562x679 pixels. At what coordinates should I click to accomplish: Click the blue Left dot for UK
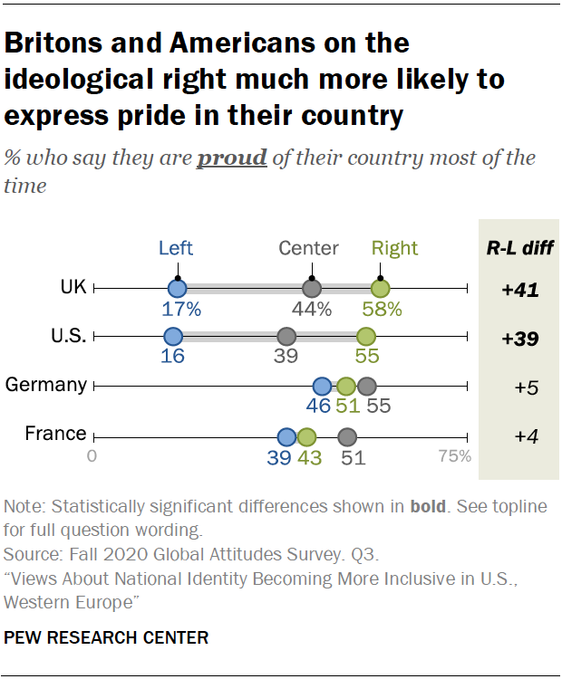(177, 289)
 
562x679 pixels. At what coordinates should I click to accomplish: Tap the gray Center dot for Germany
(366, 386)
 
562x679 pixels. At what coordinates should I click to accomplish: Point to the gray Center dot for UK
(311, 289)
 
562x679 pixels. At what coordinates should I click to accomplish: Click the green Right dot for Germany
(346, 386)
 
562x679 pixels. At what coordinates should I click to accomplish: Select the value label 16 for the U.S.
(172, 357)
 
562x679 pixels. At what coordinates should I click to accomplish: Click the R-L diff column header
(519, 248)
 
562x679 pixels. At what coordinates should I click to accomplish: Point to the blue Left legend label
(176, 248)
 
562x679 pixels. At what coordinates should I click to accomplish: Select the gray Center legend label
(308, 248)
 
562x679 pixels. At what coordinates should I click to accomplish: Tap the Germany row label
(46, 385)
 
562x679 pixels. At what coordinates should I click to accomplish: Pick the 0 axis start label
(92, 456)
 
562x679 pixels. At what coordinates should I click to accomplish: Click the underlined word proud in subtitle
(232, 158)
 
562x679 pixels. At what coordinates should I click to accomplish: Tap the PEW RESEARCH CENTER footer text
(107, 637)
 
